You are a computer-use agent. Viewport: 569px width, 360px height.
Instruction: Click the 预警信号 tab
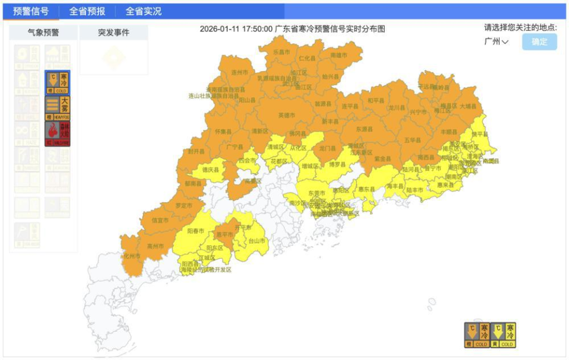point(31,11)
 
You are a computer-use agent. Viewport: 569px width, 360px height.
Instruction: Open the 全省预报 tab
point(87,11)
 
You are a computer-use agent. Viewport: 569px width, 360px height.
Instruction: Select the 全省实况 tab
point(143,11)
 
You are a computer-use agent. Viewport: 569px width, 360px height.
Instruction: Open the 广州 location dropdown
point(496,42)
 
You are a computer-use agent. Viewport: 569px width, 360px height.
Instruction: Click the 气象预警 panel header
point(43,33)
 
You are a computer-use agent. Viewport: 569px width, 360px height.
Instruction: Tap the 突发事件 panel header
point(114,33)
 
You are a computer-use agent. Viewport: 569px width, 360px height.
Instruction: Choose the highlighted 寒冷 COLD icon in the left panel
point(57,83)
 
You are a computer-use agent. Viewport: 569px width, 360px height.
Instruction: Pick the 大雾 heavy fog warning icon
point(57,108)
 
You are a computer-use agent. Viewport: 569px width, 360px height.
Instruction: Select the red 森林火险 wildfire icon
point(57,134)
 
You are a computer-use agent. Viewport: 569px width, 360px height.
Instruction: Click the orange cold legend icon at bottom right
point(477,335)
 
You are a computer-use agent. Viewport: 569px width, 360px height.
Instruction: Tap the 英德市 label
point(287,115)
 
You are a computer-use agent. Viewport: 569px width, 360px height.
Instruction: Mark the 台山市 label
point(257,241)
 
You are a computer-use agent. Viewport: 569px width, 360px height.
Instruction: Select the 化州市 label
point(131,256)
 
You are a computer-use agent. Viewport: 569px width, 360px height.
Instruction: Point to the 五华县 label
point(412,140)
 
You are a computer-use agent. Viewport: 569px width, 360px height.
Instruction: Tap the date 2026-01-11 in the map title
point(220,28)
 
